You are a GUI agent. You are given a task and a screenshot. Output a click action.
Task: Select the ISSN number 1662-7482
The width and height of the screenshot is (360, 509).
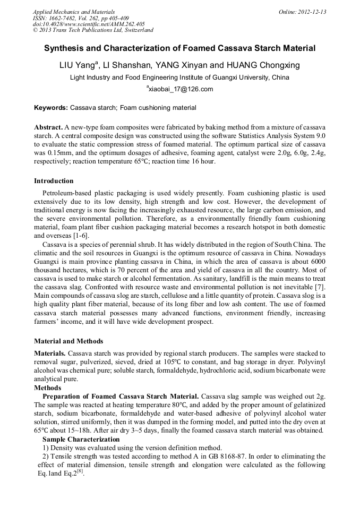(x=66, y=18)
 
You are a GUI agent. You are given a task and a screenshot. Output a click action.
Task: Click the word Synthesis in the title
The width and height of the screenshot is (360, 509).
(x=65, y=48)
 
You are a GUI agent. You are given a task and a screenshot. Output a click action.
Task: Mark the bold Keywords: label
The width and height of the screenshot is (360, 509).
(x=51, y=108)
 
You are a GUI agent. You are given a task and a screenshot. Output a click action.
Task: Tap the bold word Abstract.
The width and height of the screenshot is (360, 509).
(x=48, y=128)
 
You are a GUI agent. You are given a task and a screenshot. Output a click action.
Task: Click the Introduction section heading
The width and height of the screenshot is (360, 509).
(x=54, y=181)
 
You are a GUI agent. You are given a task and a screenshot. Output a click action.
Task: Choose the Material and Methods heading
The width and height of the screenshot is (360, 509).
(x=68, y=341)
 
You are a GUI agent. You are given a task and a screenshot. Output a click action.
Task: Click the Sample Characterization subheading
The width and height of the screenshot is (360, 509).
(x=81, y=439)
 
